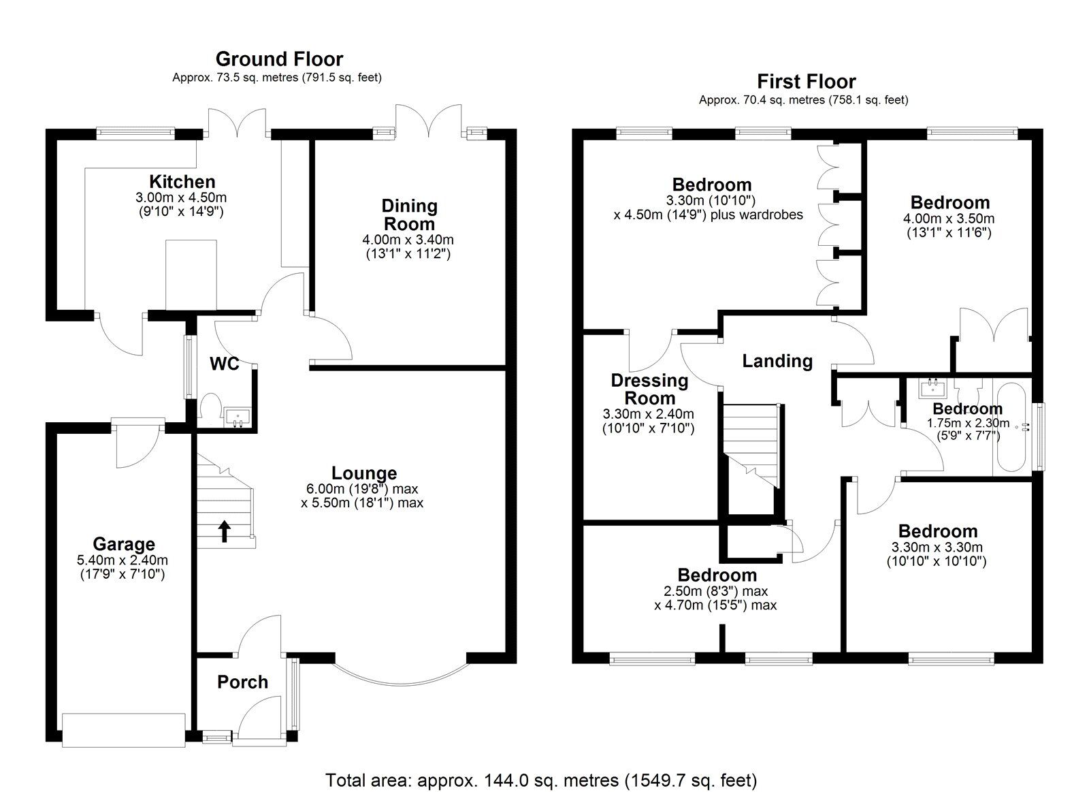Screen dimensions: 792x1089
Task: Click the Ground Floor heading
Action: click(279, 59)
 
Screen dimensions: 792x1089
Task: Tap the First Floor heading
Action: click(806, 82)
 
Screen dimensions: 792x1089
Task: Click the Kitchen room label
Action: click(182, 182)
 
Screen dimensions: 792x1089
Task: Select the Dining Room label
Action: click(409, 215)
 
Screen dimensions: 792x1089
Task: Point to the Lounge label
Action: click(364, 473)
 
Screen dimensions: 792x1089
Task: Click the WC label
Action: click(224, 364)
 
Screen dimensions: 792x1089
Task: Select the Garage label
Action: click(124, 544)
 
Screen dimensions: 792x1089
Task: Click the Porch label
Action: click(242, 682)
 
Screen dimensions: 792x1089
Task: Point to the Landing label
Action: click(777, 361)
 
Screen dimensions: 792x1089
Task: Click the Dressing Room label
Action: click(649, 390)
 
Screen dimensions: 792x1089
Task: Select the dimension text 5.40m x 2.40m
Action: click(123, 560)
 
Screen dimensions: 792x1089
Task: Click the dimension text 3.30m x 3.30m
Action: click(937, 548)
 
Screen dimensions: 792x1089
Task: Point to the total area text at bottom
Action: click(541, 779)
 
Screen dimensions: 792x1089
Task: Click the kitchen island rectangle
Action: click(191, 274)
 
